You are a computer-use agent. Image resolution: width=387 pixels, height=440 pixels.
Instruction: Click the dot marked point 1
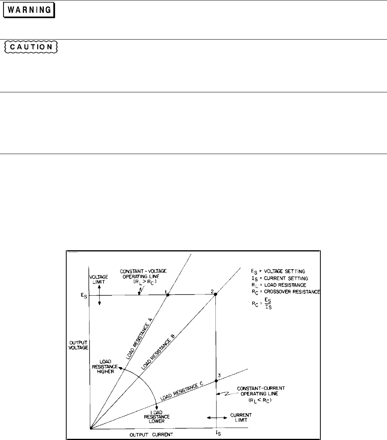167,295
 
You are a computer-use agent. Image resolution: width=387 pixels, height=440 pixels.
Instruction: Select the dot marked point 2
215,294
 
